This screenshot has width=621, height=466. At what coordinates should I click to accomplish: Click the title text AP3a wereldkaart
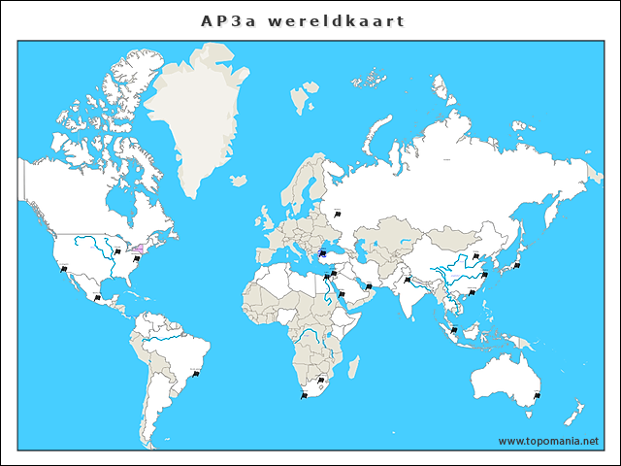[303, 20]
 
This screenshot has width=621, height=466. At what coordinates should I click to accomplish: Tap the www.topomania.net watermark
[549, 441]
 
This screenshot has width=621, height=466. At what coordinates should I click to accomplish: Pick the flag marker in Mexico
[97, 297]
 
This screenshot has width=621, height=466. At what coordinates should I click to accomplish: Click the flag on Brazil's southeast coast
[195, 372]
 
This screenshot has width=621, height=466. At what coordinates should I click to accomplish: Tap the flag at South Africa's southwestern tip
[304, 394]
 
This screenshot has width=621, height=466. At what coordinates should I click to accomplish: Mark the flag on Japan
[517, 263]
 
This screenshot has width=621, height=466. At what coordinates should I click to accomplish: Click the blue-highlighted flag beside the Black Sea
[324, 254]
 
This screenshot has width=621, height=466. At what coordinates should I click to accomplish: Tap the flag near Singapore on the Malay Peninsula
[452, 329]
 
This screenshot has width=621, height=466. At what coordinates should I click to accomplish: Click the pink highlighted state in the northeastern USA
[138, 250]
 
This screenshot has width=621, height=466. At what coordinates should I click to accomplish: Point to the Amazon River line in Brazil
[165, 341]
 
